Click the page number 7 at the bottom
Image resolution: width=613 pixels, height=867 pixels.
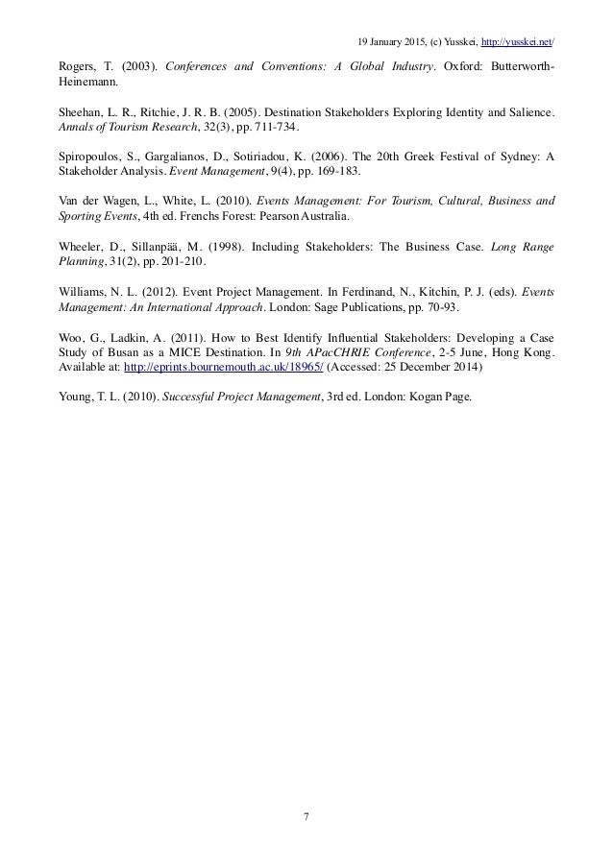[306, 816]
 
